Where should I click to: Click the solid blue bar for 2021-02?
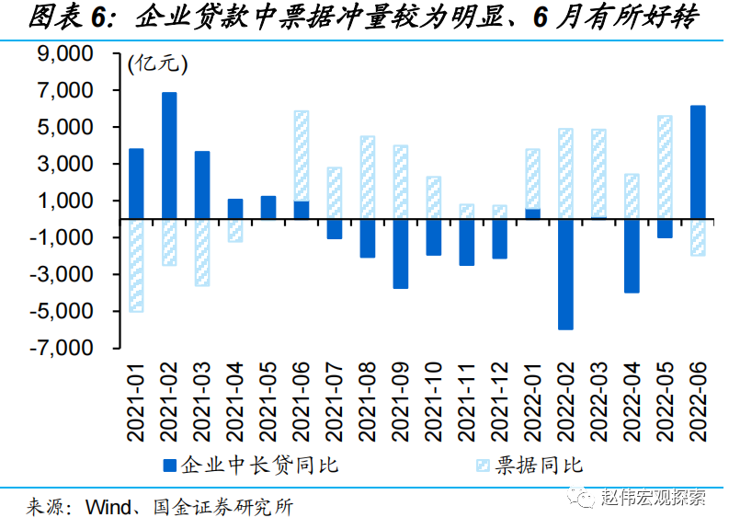[x=169, y=155]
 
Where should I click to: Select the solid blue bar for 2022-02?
[x=565, y=273]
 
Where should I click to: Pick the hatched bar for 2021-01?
[x=136, y=265]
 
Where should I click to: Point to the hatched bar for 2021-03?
[x=202, y=252]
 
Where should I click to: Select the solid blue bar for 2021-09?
[x=400, y=253]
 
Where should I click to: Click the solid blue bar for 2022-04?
[x=632, y=255]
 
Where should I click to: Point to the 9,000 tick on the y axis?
[x=82, y=54]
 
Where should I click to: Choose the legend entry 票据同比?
[x=541, y=465]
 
